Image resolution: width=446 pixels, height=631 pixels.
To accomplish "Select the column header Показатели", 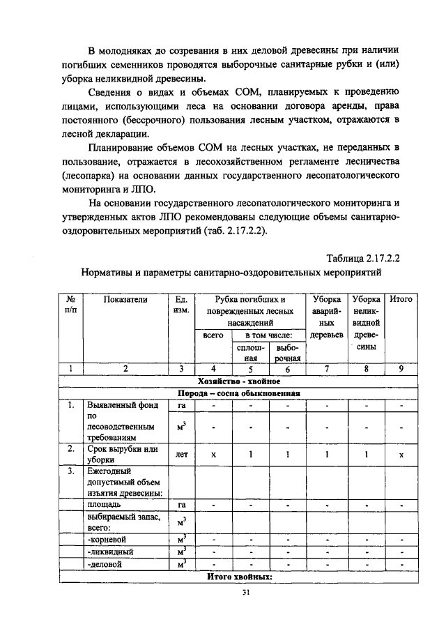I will (126, 299).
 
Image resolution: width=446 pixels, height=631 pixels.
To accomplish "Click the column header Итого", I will (401, 299).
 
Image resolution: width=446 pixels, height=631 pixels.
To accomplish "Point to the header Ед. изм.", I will (180, 305).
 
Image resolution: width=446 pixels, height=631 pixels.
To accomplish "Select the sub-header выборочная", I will (286, 352).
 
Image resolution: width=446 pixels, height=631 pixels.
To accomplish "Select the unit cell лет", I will (180, 454).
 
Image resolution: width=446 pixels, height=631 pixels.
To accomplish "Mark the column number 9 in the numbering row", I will (401, 370).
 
